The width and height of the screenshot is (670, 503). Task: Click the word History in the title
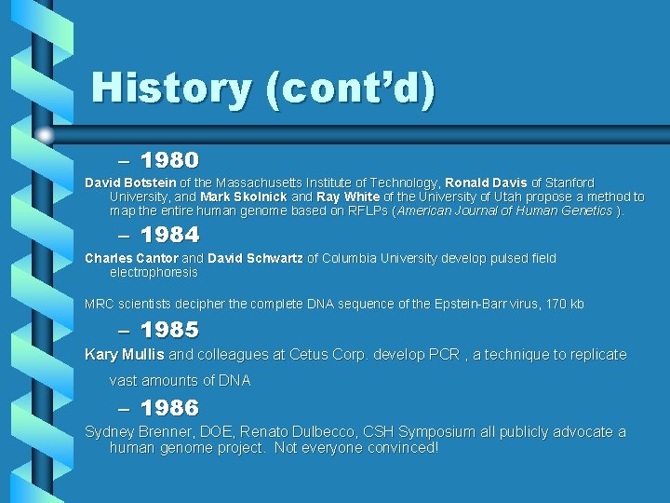click(x=171, y=88)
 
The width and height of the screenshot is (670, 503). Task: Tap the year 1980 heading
click(x=169, y=160)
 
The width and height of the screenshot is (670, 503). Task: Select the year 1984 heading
click(x=169, y=234)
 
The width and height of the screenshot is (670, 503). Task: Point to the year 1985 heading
click(x=169, y=330)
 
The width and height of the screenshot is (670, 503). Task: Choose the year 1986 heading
click(x=169, y=407)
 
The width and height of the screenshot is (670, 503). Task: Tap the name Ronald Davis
click(x=486, y=183)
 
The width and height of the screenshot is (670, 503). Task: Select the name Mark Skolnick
click(x=244, y=197)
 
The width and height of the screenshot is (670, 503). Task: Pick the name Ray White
click(x=348, y=197)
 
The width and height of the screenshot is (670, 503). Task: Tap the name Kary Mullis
click(x=125, y=354)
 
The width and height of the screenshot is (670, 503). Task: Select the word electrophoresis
click(x=154, y=272)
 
